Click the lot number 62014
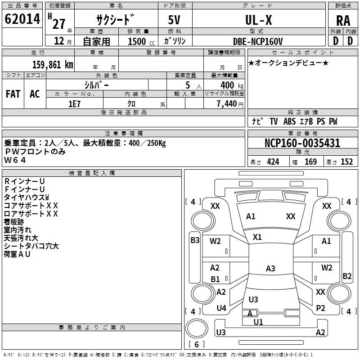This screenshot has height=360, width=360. click(x=22, y=19)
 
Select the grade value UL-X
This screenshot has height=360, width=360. click(x=258, y=20)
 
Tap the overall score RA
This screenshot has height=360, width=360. click(x=343, y=21)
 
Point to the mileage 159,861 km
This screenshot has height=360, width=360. click(x=53, y=65)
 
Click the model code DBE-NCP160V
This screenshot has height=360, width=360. click(x=258, y=41)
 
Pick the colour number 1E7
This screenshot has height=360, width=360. click(x=74, y=104)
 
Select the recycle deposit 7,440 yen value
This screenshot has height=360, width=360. click(x=230, y=104)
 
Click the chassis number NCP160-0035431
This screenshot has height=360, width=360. click(x=302, y=143)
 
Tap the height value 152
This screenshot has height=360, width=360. click(x=346, y=162)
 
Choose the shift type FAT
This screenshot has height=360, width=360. click(x=13, y=94)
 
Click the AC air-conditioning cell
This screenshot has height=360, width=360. click(x=35, y=94)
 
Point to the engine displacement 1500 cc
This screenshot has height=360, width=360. click(x=141, y=41)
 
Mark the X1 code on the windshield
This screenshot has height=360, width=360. click(x=257, y=237)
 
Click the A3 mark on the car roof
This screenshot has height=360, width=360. click(x=270, y=268)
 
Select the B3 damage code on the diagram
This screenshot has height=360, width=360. click(x=195, y=240)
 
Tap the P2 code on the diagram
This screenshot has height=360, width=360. click(x=320, y=308)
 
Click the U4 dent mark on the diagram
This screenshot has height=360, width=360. click(x=221, y=308)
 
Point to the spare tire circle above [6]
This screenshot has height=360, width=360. click(x=197, y=328)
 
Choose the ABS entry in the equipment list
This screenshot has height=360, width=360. click(x=289, y=121)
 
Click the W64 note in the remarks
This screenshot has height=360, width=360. click(x=15, y=160)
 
